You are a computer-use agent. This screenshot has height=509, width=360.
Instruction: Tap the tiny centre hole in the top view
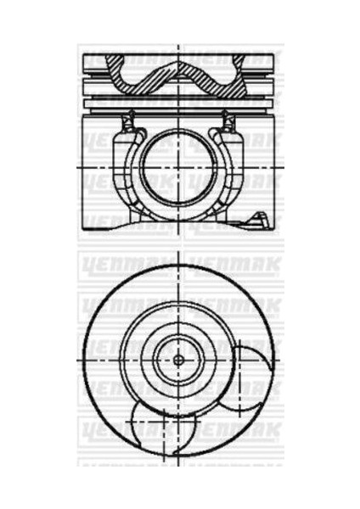click(x=178, y=359)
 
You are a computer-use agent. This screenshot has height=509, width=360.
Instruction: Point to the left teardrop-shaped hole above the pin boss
click(x=131, y=123)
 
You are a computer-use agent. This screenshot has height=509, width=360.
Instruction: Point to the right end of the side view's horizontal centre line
click(x=282, y=168)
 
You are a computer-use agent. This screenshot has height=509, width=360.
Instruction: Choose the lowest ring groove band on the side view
click(x=179, y=100)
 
